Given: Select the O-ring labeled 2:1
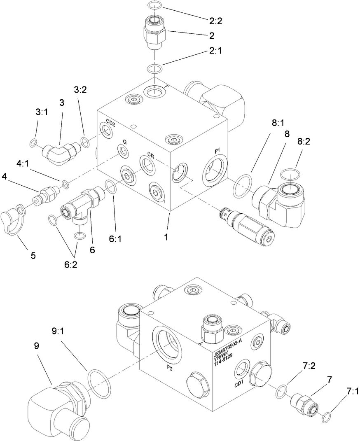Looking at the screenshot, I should tap(154, 68).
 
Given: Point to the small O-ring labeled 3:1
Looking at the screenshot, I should tap(33, 143).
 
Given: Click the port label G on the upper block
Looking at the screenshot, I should tap(124, 142).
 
